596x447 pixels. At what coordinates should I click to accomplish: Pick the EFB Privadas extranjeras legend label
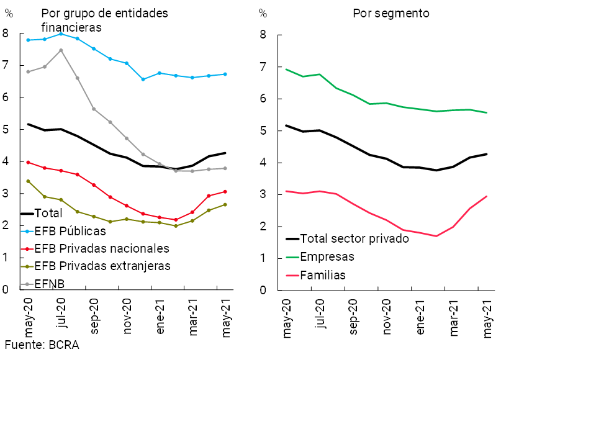click(x=102, y=266)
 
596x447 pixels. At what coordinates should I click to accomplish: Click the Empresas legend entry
click(x=327, y=256)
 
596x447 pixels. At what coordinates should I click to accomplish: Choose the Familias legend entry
click(x=323, y=275)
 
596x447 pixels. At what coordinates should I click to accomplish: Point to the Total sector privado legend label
click(x=354, y=238)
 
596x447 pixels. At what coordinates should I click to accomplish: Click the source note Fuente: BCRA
click(x=42, y=345)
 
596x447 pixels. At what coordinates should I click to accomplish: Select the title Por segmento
click(x=391, y=14)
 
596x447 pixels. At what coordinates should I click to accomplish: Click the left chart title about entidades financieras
click(x=104, y=20)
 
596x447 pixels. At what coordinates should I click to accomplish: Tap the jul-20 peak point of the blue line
click(x=61, y=34)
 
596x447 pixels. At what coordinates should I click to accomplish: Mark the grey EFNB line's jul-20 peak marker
click(x=61, y=50)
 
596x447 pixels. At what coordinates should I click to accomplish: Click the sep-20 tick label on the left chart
click(x=94, y=318)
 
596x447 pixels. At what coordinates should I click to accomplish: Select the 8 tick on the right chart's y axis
click(x=263, y=35)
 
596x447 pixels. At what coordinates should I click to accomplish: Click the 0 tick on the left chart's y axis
click(x=6, y=289)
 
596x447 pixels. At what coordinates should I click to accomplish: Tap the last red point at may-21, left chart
click(x=225, y=192)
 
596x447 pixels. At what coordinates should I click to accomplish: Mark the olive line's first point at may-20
click(x=28, y=181)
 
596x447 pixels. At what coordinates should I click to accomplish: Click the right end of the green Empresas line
click(x=486, y=113)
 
